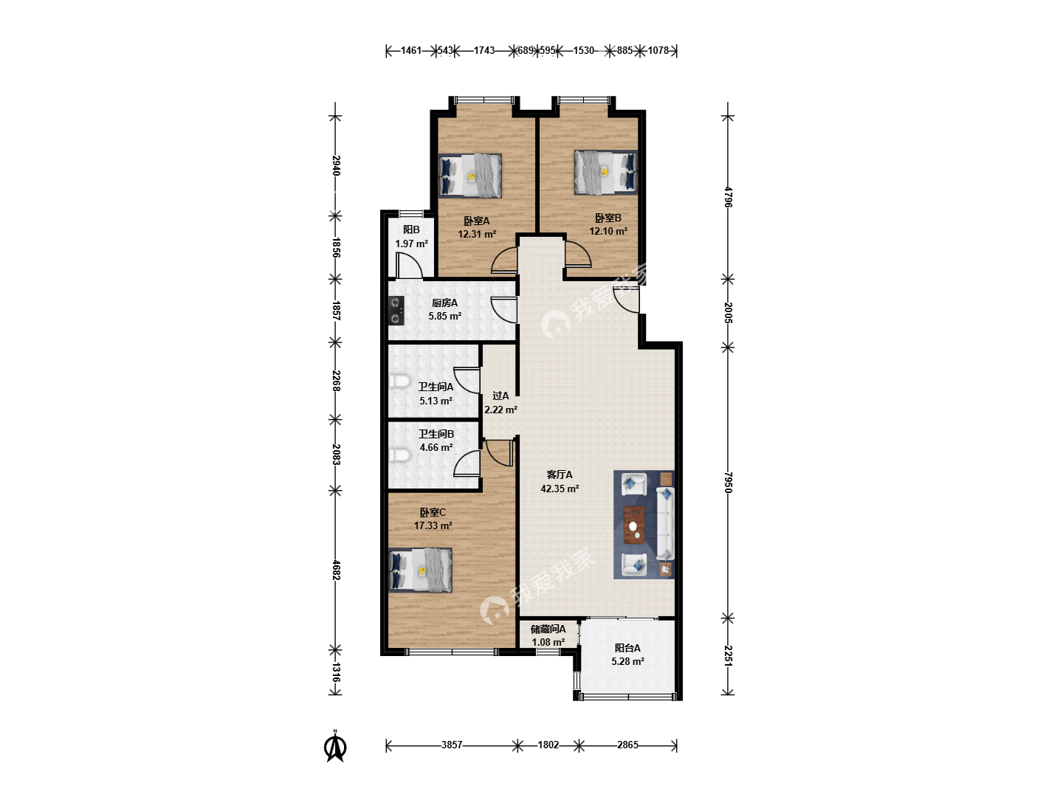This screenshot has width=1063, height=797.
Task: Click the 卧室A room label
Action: click(x=477, y=221)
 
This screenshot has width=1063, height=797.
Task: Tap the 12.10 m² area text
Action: click(x=608, y=231)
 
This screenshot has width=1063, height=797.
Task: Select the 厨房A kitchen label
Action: click(x=444, y=303)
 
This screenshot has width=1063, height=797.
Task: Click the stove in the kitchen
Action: click(x=396, y=311)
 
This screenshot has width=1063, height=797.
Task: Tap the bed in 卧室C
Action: click(x=420, y=570)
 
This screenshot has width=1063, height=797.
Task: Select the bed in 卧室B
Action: click(x=606, y=172)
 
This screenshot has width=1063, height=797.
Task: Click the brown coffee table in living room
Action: click(x=634, y=525)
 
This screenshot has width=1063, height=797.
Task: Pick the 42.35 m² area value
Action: click(x=560, y=489)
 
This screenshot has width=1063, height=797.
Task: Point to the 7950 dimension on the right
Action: click(x=728, y=483)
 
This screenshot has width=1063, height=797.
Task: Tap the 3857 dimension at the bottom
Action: click(x=452, y=745)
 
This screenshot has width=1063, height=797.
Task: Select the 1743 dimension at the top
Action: click(x=484, y=50)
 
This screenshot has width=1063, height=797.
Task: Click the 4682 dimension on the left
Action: click(x=336, y=570)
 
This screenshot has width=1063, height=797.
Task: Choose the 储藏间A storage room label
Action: click(x=548, y=629)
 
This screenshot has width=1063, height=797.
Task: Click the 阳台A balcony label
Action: click(x=627, y=648)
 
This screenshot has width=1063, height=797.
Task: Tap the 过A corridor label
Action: click(x=500, y=396)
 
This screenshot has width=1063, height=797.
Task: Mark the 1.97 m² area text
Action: click(x=412, y=244)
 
